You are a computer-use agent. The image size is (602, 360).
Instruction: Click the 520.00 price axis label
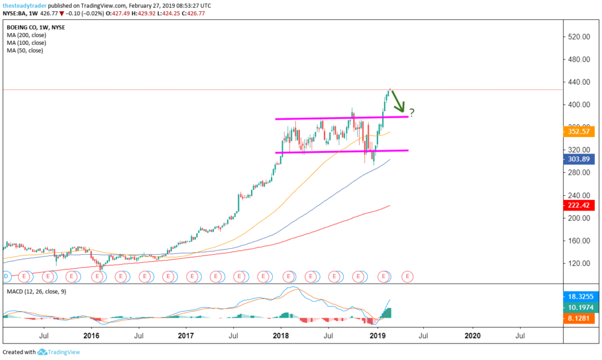pyautogui.click(x=579, y=36)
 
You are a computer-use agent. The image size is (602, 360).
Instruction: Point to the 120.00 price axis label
pyautogui.click(x=579, y=263)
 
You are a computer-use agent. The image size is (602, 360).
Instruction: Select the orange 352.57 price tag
pyautogui.click(x=579, y=132)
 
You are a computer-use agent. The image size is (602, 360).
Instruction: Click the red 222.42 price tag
pyautogui.click(x=579, y=205)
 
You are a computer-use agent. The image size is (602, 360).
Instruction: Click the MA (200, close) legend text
pyautogui.click(x=27, y=35)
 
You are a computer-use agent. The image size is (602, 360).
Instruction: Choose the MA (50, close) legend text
pyautogui.click(x=25, y=51)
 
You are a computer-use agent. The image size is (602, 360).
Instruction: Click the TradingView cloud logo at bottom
pyautogui.click(x=42, y=352)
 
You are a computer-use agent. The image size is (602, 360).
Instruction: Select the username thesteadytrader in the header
pyautogui.click(x=28, y=5)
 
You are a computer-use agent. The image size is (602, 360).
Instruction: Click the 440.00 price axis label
pyautogui.click(x=579, y=82)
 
